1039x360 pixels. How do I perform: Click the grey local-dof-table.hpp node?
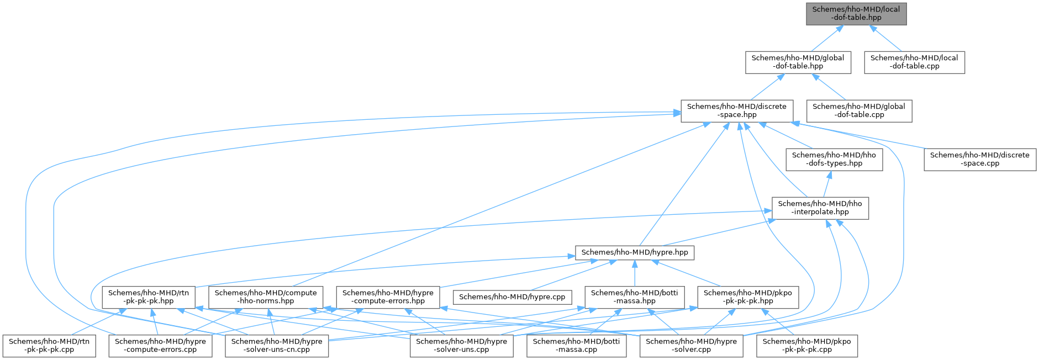click(x=856, y=13)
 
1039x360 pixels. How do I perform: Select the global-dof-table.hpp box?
click(x=798, y=62)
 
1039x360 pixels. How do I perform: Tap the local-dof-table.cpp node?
click(x=915, y=62)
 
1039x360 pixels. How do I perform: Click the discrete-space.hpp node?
click(x=737, y=110)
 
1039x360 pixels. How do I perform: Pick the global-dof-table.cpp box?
click(x=859, y=110)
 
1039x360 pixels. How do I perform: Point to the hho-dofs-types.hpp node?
click(x=834, y=159)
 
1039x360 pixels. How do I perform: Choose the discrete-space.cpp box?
click(x=980, y=159)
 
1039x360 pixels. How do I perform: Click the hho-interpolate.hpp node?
click(x=820, y=208)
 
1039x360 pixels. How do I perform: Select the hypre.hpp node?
click(x=635, y=252)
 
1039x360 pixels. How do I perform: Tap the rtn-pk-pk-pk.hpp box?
click(x=149, y=297)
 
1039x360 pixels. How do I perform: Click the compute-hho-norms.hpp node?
click(x=266, y=297)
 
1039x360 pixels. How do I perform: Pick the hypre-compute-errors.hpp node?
click(x=388, y=297)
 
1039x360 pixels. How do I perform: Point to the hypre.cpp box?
click(x=512, y=297)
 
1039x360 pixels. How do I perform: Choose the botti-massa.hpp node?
click(x=635, y=297)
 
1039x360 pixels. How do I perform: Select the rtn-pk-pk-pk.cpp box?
click(x=49, y=345)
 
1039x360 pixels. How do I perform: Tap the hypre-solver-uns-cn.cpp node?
click(x=277, y=345)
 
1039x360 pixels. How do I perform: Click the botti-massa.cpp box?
click(x=577, y=345)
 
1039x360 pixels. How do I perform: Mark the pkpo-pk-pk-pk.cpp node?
click(x=806, y=345)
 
